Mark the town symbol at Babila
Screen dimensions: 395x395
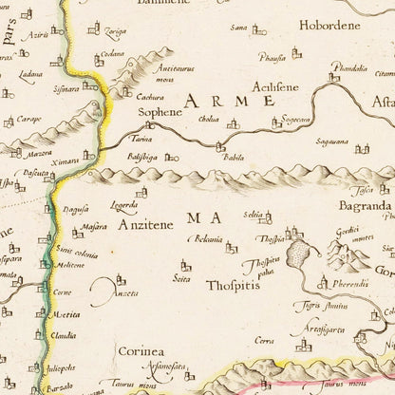click(x=220, y=147)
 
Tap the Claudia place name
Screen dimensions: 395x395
click(x=64, y=334)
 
